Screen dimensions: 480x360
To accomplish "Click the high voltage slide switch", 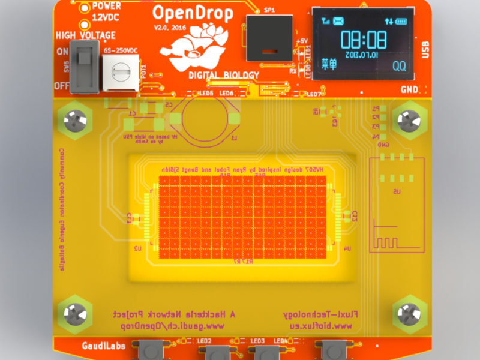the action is pos(85,67).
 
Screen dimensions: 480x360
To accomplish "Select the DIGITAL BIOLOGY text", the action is pos(224,75).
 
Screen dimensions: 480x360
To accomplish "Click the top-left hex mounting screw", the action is pos(76,119).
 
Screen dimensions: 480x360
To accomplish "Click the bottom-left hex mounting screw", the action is pos(74,313).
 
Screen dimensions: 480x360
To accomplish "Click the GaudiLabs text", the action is pos(103,346).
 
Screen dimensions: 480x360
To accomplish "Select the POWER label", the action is pos(106,7).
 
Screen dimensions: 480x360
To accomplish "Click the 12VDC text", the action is pos(107,19).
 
